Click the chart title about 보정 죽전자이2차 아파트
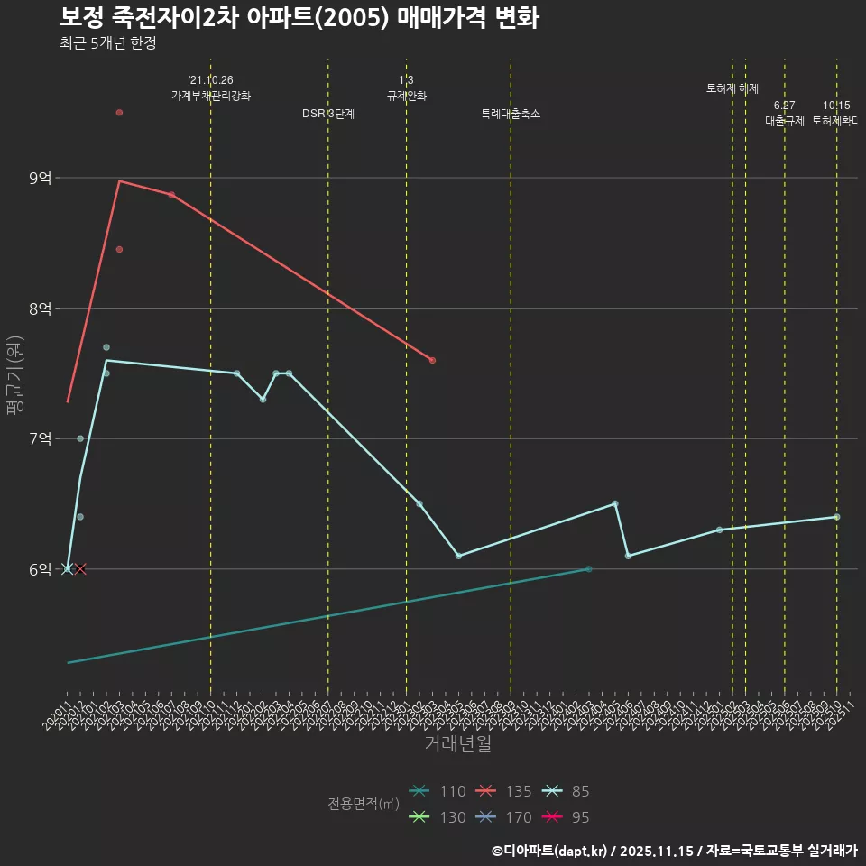coord(299,18)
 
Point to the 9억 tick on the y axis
coord(41,178)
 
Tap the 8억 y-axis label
coord(41,309)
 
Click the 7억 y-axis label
coord(41,439)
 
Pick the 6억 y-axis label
coord(41,569)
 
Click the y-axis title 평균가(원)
coord(14,374)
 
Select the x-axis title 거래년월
coord(457,744)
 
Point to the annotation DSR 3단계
coord(328,114)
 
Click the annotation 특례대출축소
coord(511,114)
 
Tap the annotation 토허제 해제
coord(732,88)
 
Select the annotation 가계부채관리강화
coord(211,96)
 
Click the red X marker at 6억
coord(80,569)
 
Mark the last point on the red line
coord(432,361)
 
